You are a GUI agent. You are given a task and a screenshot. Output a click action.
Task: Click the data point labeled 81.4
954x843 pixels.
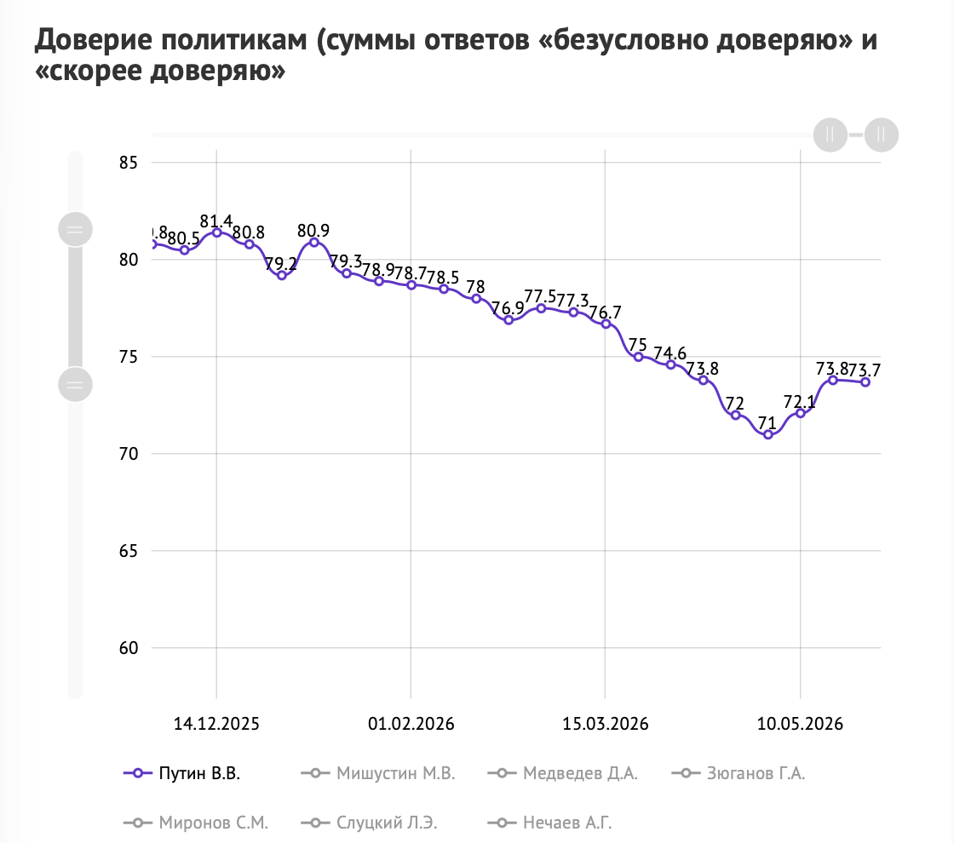pos(216,232)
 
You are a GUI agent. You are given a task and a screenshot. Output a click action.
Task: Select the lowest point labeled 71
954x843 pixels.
pos(767,434)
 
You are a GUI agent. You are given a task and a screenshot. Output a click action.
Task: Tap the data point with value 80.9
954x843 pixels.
pos(314,242)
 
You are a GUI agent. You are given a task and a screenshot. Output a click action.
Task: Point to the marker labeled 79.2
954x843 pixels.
pos(282,276)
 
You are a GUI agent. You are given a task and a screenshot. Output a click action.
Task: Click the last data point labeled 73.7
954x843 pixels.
pos(865,382)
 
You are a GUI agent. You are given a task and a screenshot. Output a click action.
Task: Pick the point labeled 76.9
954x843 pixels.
pos(509,320)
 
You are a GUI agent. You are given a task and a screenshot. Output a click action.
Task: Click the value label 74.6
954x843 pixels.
pos(670,353)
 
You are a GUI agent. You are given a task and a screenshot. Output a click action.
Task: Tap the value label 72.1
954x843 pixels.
pos(800,401)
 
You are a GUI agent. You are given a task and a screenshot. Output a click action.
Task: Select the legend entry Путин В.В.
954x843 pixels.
pos(182,773)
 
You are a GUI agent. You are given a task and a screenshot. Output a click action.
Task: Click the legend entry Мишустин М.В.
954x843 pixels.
pos(378,773)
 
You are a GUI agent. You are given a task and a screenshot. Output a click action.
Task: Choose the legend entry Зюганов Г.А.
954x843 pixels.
pos(738,773)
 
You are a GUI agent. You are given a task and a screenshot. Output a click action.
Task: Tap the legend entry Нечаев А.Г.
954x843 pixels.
pos(550,823)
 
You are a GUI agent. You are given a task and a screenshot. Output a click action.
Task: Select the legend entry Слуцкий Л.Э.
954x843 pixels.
pos(370,823)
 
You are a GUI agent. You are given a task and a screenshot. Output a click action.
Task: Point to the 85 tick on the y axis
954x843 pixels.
pos(129,163)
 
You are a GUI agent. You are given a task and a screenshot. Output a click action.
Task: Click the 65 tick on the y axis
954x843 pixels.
pos(129,550)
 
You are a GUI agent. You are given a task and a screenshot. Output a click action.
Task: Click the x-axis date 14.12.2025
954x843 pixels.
pos(216,724)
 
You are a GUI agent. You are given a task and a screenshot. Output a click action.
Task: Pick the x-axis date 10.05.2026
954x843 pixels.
pos(800,724)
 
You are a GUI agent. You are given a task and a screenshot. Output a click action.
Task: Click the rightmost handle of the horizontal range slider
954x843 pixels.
pos(881,135)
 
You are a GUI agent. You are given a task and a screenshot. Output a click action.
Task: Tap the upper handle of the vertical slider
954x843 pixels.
pos(75,229)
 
